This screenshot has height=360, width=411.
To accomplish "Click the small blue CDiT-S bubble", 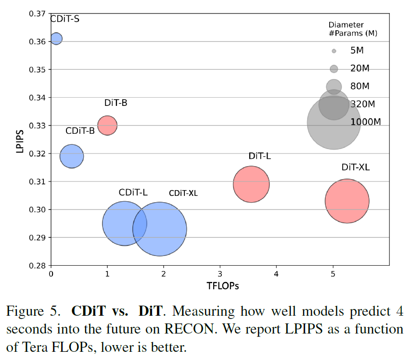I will point(56,38).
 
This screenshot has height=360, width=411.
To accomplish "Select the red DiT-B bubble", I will point(107,126).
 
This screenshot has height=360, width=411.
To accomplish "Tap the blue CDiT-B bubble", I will point(72,156).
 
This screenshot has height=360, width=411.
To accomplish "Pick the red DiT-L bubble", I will point(251,184).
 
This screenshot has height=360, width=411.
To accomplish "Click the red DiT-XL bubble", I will point(347,201).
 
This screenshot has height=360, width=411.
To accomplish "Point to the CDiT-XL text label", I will point(183,193).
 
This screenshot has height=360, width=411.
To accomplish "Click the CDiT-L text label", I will point(133,193).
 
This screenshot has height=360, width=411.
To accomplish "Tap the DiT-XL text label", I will point(356,167).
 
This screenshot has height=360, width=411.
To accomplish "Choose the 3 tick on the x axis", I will point(220,274).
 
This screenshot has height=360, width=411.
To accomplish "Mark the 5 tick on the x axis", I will point(333,274).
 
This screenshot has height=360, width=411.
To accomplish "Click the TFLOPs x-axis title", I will point(223,285).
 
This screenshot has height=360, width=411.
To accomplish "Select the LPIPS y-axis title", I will point(20,140).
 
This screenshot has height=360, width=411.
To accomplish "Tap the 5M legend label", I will point(360,51).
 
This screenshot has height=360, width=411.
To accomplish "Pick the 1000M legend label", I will point(366,122).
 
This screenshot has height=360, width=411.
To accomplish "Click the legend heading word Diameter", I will point(346,25).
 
